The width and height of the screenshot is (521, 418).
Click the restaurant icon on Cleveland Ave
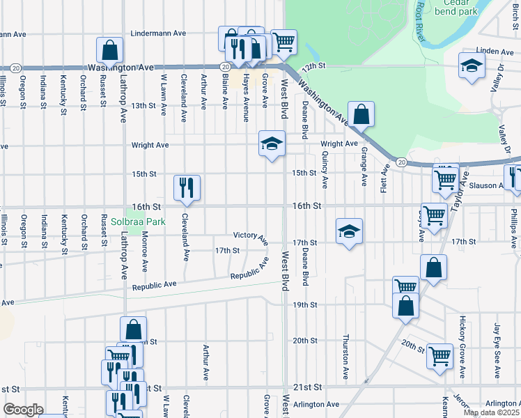(x=187, y=187)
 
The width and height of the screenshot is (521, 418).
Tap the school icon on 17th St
(x=348, y=231)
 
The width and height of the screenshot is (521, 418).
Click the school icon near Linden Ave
(x=472, y=65)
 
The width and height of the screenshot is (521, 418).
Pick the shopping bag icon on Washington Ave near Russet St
(x=110, y=49)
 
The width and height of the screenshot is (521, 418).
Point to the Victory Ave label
(x=251, y=237)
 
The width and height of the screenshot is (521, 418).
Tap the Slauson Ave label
(x=486, y=185)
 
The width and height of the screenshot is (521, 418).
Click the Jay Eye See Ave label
(x=497, y=351)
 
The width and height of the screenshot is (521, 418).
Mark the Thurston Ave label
(x=345, y=355)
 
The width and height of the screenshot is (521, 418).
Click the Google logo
(x=22, y=410)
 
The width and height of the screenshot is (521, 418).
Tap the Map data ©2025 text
(x=491, y=412)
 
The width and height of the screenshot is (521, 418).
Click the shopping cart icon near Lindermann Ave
(x=283, y=41)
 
